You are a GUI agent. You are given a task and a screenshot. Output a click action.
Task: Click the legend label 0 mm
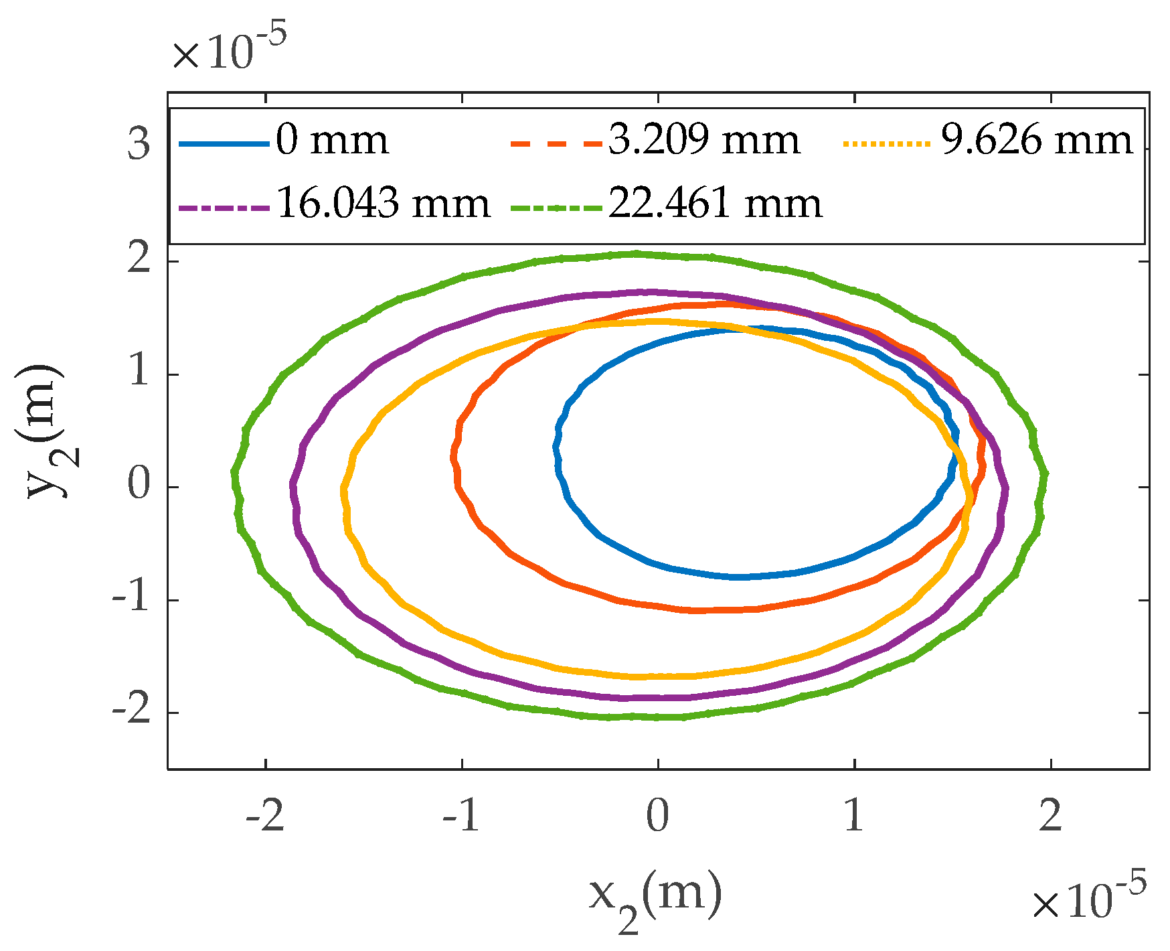pos(332,141)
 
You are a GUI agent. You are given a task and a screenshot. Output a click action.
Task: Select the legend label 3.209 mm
pos(703,141)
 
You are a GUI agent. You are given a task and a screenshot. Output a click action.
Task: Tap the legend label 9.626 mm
pos(1037,141)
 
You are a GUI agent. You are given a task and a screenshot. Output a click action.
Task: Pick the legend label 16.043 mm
pos(383,203)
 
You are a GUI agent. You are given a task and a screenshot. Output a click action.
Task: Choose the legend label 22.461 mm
pos(715,203)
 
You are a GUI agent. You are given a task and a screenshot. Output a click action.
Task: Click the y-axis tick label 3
pos(139,143)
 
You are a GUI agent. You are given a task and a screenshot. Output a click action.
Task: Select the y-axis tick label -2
pos(131,712)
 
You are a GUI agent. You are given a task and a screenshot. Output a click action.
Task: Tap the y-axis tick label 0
pos(139,486)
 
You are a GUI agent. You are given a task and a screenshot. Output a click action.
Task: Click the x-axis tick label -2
pos(266,816)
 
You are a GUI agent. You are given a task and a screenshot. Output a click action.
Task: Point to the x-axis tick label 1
pos(854,816)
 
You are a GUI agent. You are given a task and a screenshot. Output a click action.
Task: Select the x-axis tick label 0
pos(658,816)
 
